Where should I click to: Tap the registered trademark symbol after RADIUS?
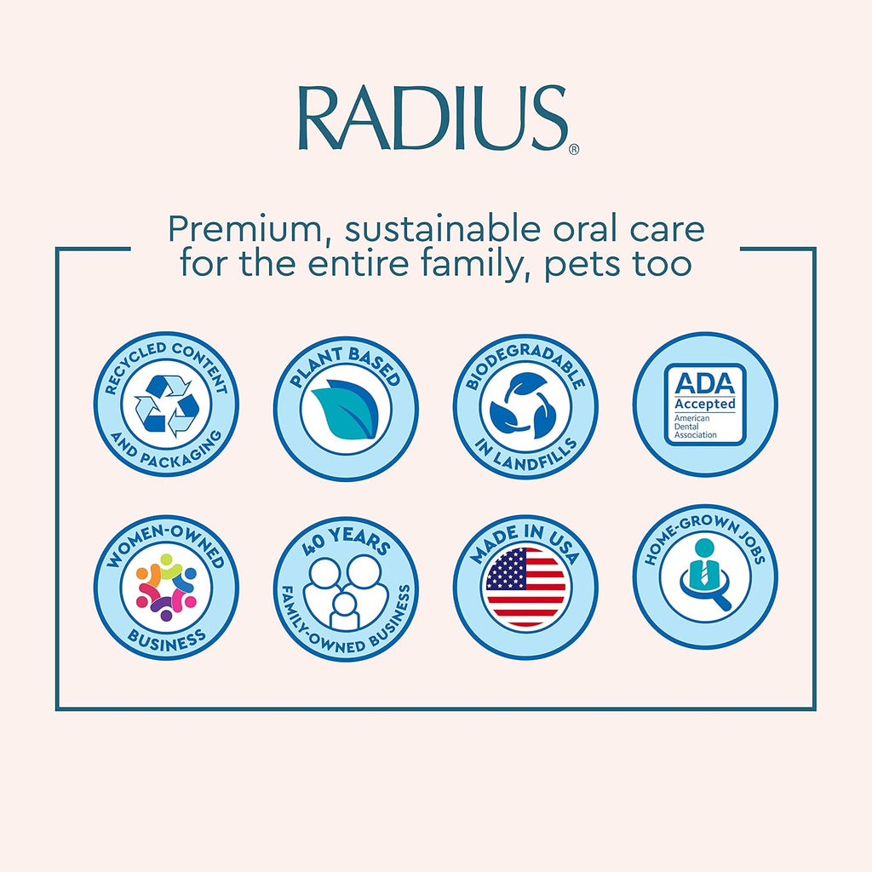click(574, 149)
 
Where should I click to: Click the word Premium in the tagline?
click(234, 230)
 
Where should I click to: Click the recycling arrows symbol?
click(166, 404)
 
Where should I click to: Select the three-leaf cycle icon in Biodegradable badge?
click(525, 407)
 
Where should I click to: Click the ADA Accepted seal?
click(705, 404)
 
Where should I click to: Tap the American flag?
click(525, 588)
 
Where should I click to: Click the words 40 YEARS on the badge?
click(345, 543)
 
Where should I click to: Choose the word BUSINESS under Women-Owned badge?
click(166, 639)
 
